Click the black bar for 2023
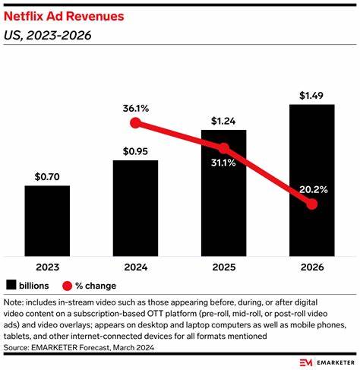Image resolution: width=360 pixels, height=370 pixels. click(x=47, y=220)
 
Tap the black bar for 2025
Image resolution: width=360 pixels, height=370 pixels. click(x=224, y=198)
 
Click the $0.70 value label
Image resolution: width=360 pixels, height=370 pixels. click(x=47, y=176)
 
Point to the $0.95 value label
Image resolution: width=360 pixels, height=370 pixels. click(x=136, y=150)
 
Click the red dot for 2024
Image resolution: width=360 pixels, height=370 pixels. click(x=136, y=123)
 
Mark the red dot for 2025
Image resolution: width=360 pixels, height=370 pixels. click(x=224, y=149)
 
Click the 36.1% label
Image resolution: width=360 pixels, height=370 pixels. click(x=136, y=107)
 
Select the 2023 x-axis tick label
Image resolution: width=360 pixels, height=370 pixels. click(x=47, y=267)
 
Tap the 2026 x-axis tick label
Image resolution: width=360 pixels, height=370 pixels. click(x=312, y=267)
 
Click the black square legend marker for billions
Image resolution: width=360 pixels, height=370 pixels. click(x=11, y=286)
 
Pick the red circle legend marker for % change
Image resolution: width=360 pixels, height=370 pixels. click(x=67, y=286)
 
